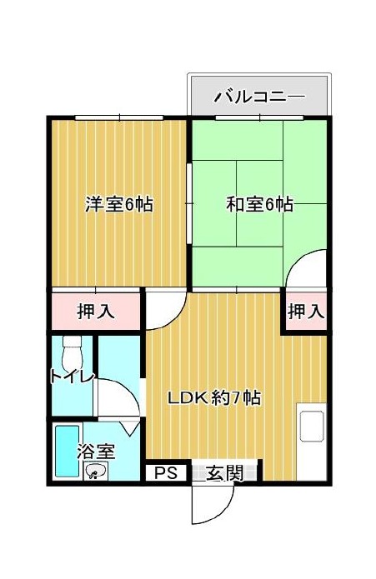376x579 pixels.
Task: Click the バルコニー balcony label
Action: tap(259, 97)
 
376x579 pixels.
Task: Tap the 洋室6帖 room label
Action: tap(119, 204)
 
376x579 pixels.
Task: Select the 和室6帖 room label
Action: tap(259, 204)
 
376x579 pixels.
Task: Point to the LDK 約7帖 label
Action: tap(214, 397)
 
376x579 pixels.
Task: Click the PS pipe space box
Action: tap(166, 472)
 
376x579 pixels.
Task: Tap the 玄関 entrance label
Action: tap(224, 473)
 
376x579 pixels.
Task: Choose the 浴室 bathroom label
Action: tap(96, 451)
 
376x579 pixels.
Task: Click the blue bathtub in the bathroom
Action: tap(68, 452)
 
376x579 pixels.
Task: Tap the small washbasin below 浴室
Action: tap(96, 472)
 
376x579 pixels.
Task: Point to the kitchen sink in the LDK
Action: tap(312, 427)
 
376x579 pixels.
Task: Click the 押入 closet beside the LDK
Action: tap(306, 312)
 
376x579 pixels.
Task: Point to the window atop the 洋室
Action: tap(119, 117)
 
